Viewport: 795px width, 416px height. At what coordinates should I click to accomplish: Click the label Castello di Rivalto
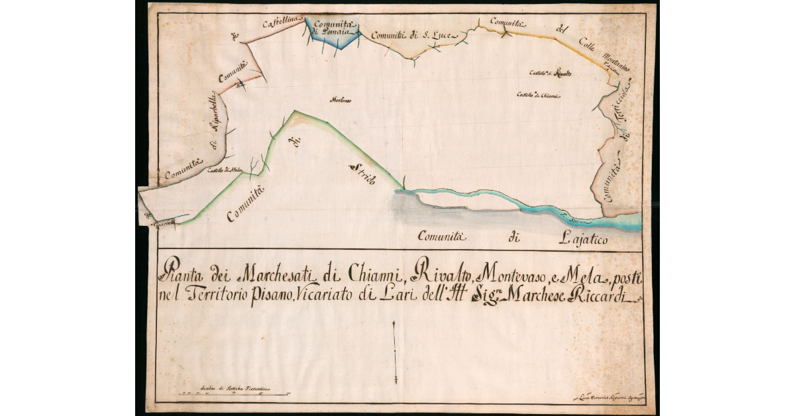[551, 73]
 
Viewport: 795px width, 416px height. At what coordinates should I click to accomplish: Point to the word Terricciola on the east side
[625, 106]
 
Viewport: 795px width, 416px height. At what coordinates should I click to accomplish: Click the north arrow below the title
[394, 351]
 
